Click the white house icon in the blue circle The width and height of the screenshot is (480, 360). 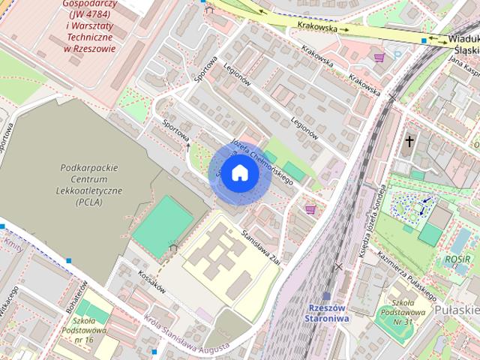tap(239, 172)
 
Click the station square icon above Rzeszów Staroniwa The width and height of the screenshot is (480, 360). tap(326, 297)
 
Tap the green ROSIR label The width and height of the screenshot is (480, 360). tap(457, 259)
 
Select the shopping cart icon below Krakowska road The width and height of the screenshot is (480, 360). tap(379, 57)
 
